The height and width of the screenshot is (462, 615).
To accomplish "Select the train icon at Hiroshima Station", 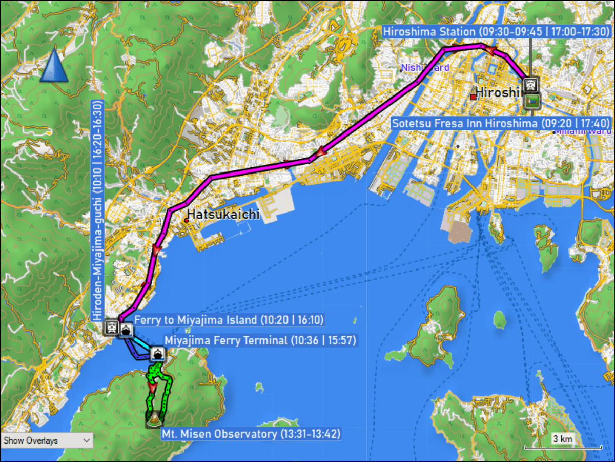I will tap(531, 84).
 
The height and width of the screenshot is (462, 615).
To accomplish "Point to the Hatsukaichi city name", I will tap(223, 214).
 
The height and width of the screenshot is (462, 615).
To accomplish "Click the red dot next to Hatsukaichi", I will tap(186, 220).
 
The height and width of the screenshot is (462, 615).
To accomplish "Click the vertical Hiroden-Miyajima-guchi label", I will tap(97, 210).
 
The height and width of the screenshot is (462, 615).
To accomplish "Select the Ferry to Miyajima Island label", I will tap(229, 320).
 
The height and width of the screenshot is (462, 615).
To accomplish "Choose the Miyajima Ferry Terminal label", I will tap(260, 340).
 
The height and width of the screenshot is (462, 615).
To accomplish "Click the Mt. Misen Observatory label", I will tap(251, 434).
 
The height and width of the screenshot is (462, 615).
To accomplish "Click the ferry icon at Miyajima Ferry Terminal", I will tap(157, 354).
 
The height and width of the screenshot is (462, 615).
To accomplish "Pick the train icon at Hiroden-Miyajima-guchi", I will tap(111, 327).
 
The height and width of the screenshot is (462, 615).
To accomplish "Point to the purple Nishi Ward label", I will tap(425, 68).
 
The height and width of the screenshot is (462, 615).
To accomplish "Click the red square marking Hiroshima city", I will tap(473, 96).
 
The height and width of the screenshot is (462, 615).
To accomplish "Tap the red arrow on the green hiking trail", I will tap(152, 387).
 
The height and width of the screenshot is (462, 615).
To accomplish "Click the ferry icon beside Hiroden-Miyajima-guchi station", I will tap(126, 330).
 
